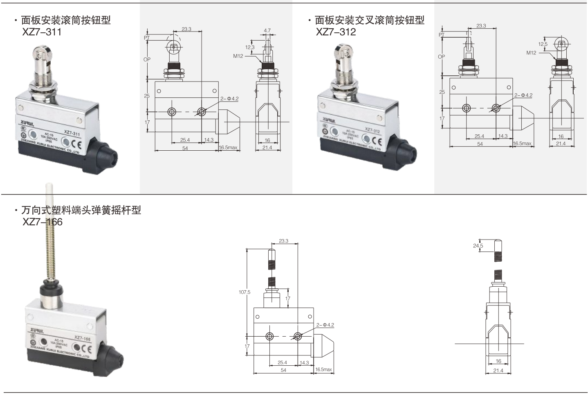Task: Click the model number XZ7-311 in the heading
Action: tap(42, 32)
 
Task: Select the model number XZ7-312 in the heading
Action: tap(336, 32)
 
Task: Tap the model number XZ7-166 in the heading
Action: tap(43, 222)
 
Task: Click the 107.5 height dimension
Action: tap(244, 292)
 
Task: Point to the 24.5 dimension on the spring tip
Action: tap(478, 246)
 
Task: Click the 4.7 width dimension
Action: tap(267, 31)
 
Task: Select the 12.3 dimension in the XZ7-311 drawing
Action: tap(250, 47)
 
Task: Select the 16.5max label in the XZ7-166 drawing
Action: tap(324, 369)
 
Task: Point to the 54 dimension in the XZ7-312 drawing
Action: tap(480, 144)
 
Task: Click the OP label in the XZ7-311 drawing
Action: tap(147, 59)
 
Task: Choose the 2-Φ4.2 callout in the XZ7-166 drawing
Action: tap(325, 325)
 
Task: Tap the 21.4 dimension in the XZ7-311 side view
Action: tap(267, 147)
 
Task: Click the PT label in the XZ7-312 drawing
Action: tap(441, 35)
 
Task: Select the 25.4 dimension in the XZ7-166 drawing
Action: tap(282, 362)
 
